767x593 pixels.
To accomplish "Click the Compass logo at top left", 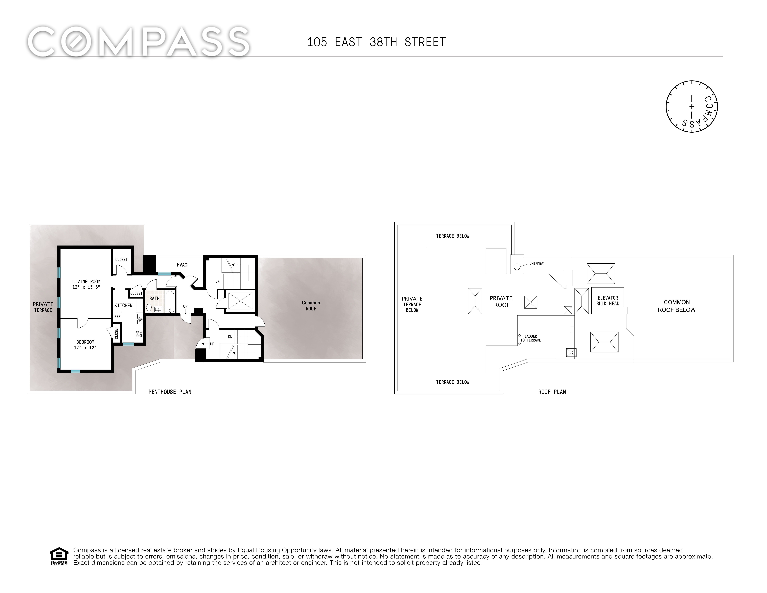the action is pyautogui.click(x=139, y=42).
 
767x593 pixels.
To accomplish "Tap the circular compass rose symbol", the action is pyautogui.click(x=692, y=106).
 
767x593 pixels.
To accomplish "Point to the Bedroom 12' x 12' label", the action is pyautogui.click(x=85, y=345).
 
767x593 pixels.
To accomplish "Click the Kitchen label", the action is pyautogui.click(x=124, y=305).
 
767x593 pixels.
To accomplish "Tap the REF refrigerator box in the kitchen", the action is pyautogui.click(x=117, y=316).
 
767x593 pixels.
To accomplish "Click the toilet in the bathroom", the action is pyautogui.click(x=149, y=308).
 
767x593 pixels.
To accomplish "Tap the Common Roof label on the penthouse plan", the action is pyautogui.click(x=311, y=306).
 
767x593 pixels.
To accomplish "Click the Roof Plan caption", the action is pyautogui.click(x=552, y=392).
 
